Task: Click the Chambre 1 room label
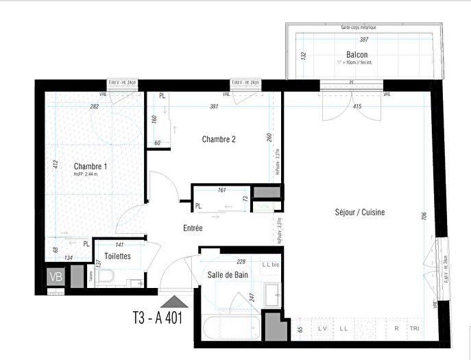(90, 166)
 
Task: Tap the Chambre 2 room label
(219, 139)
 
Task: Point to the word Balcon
(357, 55)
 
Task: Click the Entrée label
(193, 228)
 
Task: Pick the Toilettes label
(118, 256)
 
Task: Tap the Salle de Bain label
(228, 274)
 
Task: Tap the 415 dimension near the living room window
(357, 107)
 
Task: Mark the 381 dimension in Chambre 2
(214, 107)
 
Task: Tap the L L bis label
(271, 265)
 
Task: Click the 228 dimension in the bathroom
(241, 261)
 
